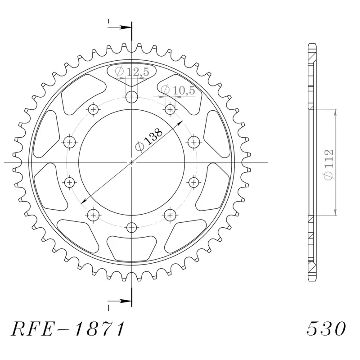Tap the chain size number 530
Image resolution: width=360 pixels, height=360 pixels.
pyautogui.click(x=326, y=329)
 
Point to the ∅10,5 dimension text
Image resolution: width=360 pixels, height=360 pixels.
pyautogui.click(x=178, y=90)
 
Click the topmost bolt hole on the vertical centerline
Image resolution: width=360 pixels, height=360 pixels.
pyautogui.click(x=131, y=96)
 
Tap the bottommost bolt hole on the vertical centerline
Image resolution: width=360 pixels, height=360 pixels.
pyautogui.click(x=131, y=227)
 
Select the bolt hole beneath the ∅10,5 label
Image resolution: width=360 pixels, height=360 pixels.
pyautogui.click(x=170, y=108)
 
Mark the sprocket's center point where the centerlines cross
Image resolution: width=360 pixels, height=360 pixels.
pyautogui.click(x=131, y=162)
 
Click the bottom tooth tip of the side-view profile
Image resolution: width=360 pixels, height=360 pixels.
pyautogui.click(x=312, y=280)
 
